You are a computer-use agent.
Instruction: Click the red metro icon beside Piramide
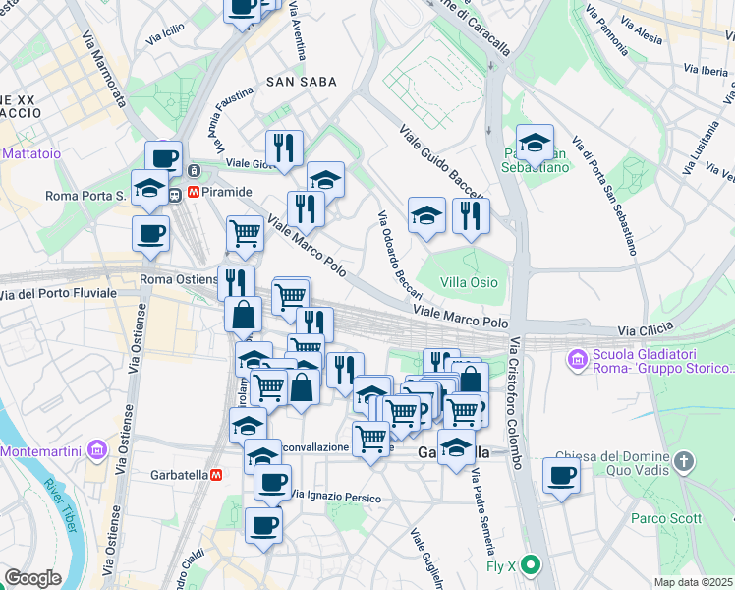click(x=195, y=193)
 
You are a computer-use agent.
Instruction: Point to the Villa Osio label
click(x=469, y=282)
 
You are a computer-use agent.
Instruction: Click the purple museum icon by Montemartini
click(x=96, y=450)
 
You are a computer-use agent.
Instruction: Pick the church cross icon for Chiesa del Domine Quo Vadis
click(x=685, y=460)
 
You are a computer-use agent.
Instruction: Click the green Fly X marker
click(x=531, y=565)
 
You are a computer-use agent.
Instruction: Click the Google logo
click(x=32, y=578)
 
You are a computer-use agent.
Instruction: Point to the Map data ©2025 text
click(x=694, y=582)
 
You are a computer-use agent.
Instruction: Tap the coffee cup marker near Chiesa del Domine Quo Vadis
click(x=561, y=476)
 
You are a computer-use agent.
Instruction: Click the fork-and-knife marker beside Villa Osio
click(x=472, y=215)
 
